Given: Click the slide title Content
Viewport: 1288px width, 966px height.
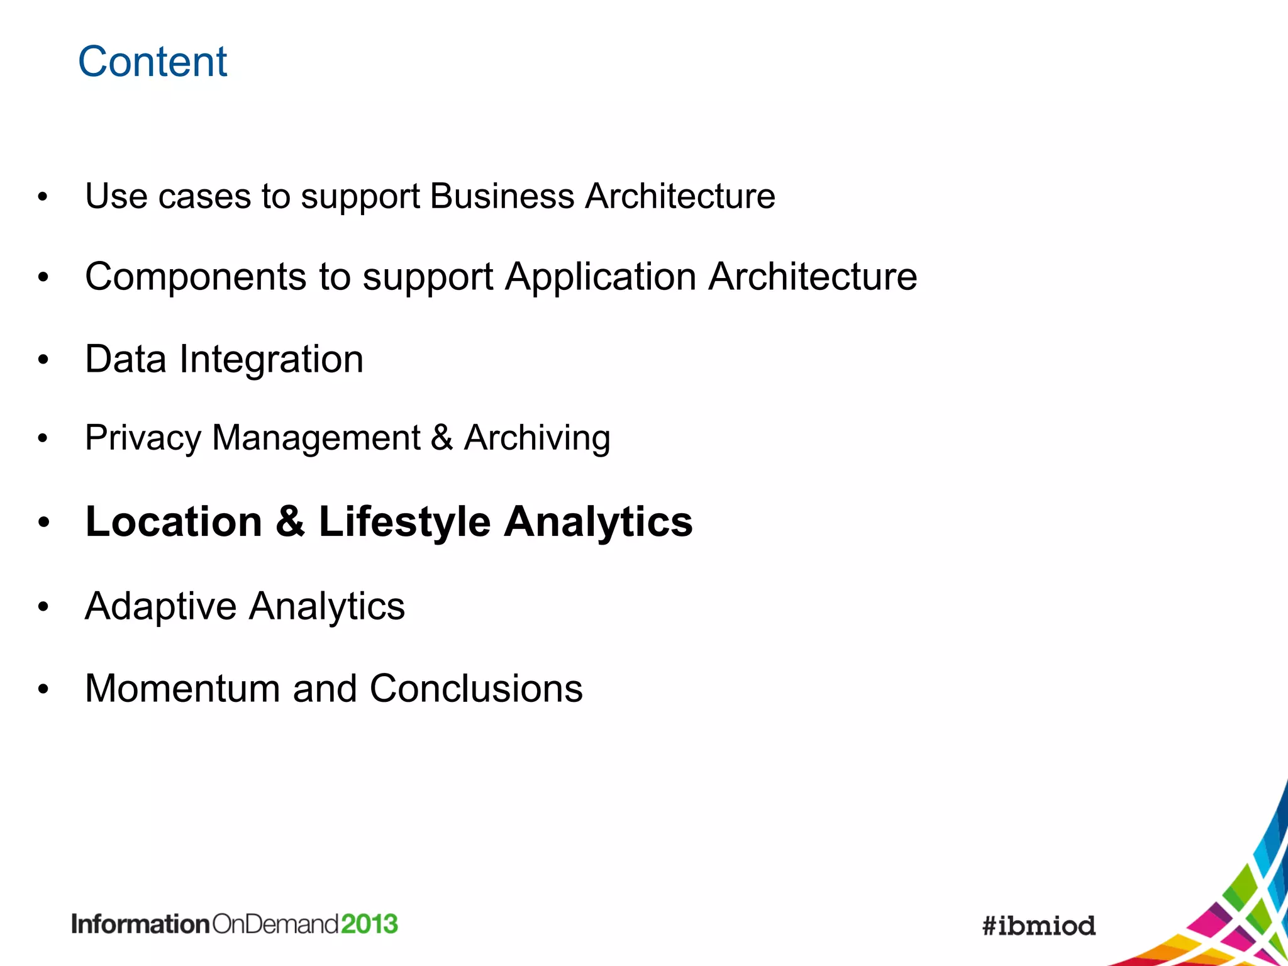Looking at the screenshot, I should pos(152,62).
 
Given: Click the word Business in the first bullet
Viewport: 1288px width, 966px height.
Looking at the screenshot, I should pos(502,196).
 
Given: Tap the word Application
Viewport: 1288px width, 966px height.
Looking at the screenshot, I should pos(601,277).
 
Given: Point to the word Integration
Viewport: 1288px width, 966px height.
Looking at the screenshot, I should pos(271,360).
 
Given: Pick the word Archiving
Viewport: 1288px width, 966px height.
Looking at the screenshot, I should pos(537,438).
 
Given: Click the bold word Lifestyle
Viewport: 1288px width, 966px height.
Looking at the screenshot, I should pos(404,522).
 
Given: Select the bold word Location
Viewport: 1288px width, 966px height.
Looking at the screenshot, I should pos(174,522).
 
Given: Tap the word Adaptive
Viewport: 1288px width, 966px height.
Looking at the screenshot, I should pos(161,607).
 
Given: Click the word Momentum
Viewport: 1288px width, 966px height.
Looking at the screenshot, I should pos(182,689).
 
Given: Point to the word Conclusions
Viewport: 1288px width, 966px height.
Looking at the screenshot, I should pos(476,689).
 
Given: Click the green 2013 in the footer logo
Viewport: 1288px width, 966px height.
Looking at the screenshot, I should pos(370,924).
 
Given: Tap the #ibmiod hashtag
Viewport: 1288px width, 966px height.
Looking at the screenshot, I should pos(1039,926).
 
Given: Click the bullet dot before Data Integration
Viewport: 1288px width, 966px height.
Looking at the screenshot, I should pos(43,360).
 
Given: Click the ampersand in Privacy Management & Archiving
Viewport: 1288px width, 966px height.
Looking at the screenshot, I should pos(441,438).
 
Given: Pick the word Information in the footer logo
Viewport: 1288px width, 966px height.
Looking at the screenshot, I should pos(140,924).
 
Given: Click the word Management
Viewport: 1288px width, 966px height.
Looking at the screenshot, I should pos(316,438).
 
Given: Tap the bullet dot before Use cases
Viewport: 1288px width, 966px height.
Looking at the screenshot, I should pos(43,197).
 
